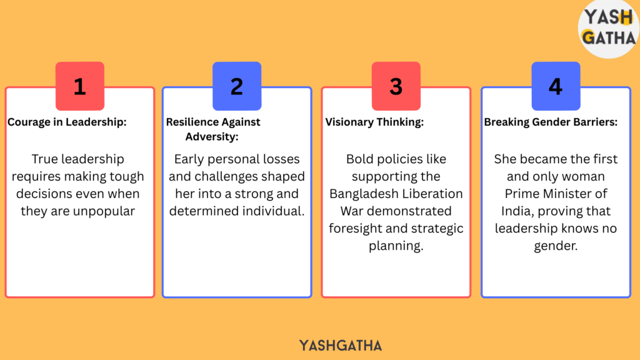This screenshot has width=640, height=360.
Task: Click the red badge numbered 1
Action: [x=80, y=86]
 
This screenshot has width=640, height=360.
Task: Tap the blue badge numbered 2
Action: [x=237, y=86]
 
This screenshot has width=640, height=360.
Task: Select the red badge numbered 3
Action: [x=396, y=86]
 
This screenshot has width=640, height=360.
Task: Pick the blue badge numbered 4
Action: [x=556, y=86]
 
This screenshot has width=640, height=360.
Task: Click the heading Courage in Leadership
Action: [x=67, y=122]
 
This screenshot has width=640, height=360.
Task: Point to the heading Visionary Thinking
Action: [x=374, y=122]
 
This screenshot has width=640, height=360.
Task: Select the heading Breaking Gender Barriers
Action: [x=551, y=122]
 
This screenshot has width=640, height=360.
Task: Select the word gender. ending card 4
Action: [x=556, y=246]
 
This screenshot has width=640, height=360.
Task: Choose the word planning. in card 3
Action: [x=396, y=246]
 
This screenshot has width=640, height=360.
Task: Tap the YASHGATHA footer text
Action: [x=341, y=346]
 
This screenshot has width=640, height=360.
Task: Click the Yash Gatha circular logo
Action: [x=609, y=29]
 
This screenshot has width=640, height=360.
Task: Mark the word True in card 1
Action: [x=44, y=159]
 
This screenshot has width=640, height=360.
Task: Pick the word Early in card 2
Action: [x=189, y=159]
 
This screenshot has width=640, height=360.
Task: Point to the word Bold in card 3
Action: [x=359, y=159]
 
